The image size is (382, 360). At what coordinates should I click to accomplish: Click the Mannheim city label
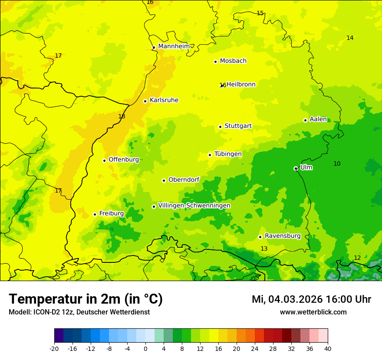click(x=174, y=46)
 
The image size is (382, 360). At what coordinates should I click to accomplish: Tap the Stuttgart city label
click(x=238, y=126)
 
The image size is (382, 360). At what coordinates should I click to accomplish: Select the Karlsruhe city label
click(x=164, y=100)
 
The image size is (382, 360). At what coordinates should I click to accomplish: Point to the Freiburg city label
click(x=111, y=213)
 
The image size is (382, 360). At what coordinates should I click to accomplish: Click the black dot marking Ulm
click(x=296, y=168)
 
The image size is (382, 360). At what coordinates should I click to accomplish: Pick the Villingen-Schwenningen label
click(x=194, y=206)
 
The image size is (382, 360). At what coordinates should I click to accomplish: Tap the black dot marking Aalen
click(x=305, y=120)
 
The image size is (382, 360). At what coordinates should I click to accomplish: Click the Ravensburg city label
click(x=283, y=236)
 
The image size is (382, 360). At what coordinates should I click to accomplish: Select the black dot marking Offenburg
click(x=104, y=160)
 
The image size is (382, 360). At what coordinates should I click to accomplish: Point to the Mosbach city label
click(x=233, y=61)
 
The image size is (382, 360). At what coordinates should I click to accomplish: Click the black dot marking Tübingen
click(x=210, y=155)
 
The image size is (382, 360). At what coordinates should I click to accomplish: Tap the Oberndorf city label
click(x=184, y=180)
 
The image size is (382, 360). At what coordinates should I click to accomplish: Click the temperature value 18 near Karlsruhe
click(x=122, y=117)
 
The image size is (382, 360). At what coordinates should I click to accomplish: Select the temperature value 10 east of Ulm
click(x=337, y=164)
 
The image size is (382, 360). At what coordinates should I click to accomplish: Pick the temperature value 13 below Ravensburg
click(x=264, y=249)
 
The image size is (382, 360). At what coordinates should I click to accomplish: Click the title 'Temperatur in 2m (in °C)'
click(x=86, y=299)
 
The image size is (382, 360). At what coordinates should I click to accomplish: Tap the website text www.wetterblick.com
click(x=313, y=312)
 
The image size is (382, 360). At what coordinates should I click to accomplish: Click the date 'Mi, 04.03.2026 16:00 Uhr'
click(x=311, y=299)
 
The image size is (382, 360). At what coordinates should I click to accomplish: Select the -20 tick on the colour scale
click(x=54, y=348)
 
